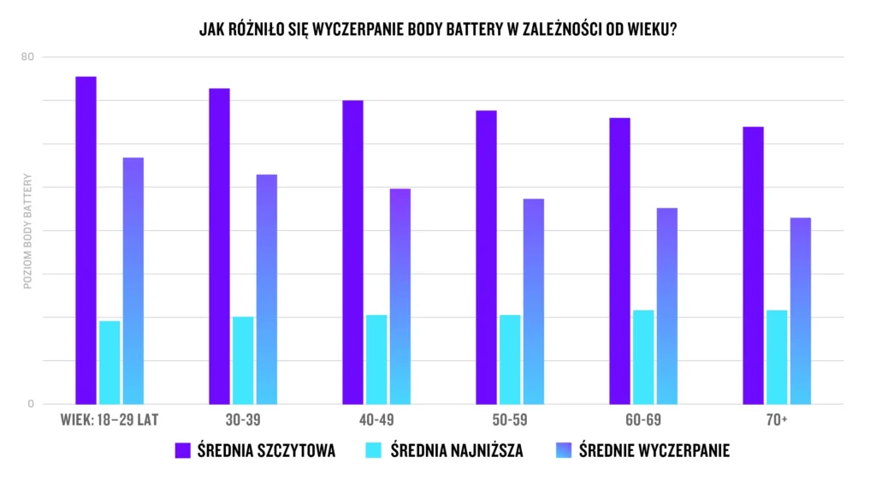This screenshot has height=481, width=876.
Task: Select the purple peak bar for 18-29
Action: point(86,240)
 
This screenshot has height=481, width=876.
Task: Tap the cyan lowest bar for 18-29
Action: point(109,362)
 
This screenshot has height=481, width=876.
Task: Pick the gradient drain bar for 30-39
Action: point(267,289)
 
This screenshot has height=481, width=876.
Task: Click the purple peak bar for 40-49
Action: point(352,252)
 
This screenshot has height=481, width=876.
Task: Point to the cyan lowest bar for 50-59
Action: point(510,359)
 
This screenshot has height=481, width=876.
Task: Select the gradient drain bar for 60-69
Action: point(667,306)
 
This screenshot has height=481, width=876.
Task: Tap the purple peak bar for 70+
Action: point(753,265)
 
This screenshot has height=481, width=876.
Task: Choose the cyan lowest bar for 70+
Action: point(777,357)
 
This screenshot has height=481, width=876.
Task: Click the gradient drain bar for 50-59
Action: point(534,301)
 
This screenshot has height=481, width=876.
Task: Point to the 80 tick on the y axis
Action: point(27,57)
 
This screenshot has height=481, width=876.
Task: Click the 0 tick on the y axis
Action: point(30,404)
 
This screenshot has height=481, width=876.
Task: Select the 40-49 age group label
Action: point(376,420)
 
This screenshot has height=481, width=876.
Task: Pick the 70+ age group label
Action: point(777,420)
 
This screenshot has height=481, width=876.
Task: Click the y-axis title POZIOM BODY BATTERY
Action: point(27,231)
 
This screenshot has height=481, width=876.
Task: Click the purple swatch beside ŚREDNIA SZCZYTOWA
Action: point(182,450)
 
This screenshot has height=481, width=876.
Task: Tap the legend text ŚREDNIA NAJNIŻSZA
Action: point(457,450)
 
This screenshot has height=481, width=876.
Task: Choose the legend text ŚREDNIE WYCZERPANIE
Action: point(654,450)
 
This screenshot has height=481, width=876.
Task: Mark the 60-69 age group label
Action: point(643,420)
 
